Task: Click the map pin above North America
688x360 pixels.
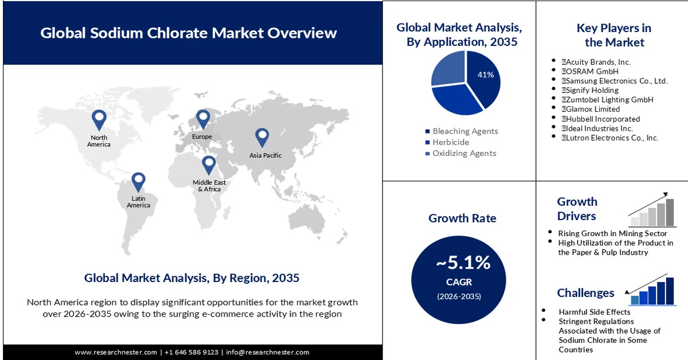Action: point(99,120)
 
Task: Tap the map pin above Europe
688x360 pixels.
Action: point(203,119)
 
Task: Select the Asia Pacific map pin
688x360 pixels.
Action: point(262,138)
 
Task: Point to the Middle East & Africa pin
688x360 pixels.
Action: point(209,165)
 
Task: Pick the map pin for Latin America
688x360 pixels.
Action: point(138,182)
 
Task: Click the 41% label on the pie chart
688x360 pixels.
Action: point(486,75)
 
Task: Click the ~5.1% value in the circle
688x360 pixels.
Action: point(463,263)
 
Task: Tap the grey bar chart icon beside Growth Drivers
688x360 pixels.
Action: point(652,210)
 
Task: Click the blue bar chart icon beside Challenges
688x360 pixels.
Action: point(652,289)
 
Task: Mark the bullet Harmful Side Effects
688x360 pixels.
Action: point(595,312)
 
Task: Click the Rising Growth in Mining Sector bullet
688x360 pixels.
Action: point(612,233)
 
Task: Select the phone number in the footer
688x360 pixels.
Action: point(191,353)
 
